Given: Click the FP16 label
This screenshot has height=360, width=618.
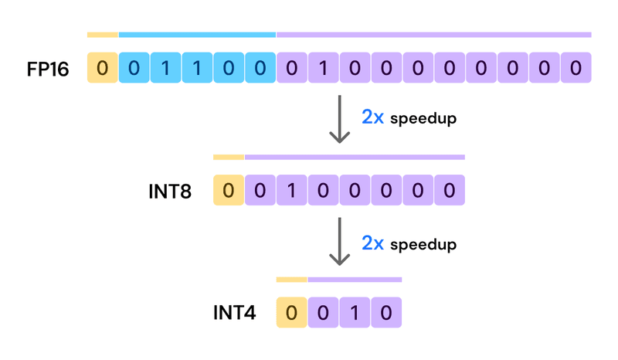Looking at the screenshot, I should (x=47, y=69).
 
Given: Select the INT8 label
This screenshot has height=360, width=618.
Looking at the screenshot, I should (x=170, y=191).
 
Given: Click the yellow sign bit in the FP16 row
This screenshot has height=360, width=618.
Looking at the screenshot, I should (x=103, y=68).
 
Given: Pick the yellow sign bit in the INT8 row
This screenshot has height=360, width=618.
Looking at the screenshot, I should (x=229, y=190).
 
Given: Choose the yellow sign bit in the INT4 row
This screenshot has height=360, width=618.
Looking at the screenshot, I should (x=291, y=313).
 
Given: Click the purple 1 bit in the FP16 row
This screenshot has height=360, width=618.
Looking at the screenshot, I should (x=323, y=68).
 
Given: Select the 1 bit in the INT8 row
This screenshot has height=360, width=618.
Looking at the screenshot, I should (x=291, y=190).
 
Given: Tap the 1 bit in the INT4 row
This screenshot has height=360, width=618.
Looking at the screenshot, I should (x=355, y=313).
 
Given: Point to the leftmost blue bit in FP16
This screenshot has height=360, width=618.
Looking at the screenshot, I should (x=134, y=68).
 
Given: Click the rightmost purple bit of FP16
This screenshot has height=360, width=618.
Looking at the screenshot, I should (x=576, y=68).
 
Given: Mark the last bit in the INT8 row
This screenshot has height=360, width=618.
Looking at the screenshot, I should (x=450, y=190).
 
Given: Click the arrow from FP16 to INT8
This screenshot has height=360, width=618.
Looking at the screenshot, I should (x=339, y=120).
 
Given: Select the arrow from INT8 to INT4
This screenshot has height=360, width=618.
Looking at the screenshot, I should (x=339, y=242).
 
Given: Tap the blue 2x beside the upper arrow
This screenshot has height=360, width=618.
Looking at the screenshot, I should (x=372, y=117).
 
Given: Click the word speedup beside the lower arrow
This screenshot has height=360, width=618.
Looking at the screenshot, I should (x=423, y=244).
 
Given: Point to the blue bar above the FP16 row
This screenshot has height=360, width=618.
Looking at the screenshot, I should (x=197, y=35).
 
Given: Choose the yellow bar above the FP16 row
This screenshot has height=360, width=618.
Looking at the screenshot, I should (x=103, y=35).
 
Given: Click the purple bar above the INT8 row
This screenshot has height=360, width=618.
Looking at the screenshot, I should (x=355, y=157).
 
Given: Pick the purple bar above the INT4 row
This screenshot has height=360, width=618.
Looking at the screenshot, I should (x=355, y=279).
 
